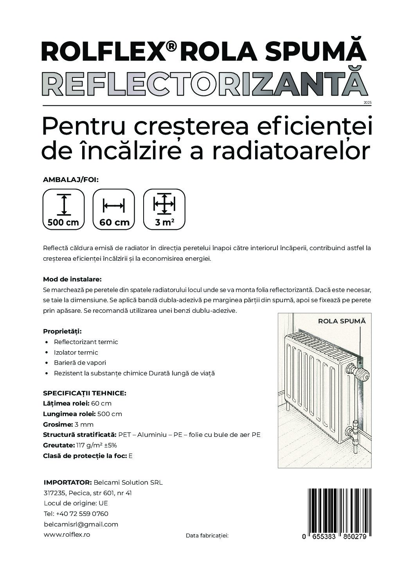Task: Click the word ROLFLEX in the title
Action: (x=103, y=50)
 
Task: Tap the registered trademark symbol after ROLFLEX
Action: (x=171, y=47)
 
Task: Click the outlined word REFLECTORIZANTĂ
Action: (x=204, y=84)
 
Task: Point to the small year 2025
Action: (x=367, y=102)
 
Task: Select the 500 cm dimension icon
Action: (x=63, y=209)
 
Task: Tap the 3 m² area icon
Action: (x=164, y=209)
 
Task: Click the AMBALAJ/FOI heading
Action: (x=70, y=180)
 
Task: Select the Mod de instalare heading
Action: (x=72, y=279)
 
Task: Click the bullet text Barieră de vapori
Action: (x=80, y=363)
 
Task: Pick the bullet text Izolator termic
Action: (x=76, y=352)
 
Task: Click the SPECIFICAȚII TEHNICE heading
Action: (x=85, y=393)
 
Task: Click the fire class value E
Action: (x=131, y=456)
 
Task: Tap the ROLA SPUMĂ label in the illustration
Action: (x=342, y=321)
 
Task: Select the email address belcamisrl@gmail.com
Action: (x=81, y=524)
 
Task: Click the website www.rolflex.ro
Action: (x=67, y=534)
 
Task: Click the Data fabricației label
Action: (x=207, y=535)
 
